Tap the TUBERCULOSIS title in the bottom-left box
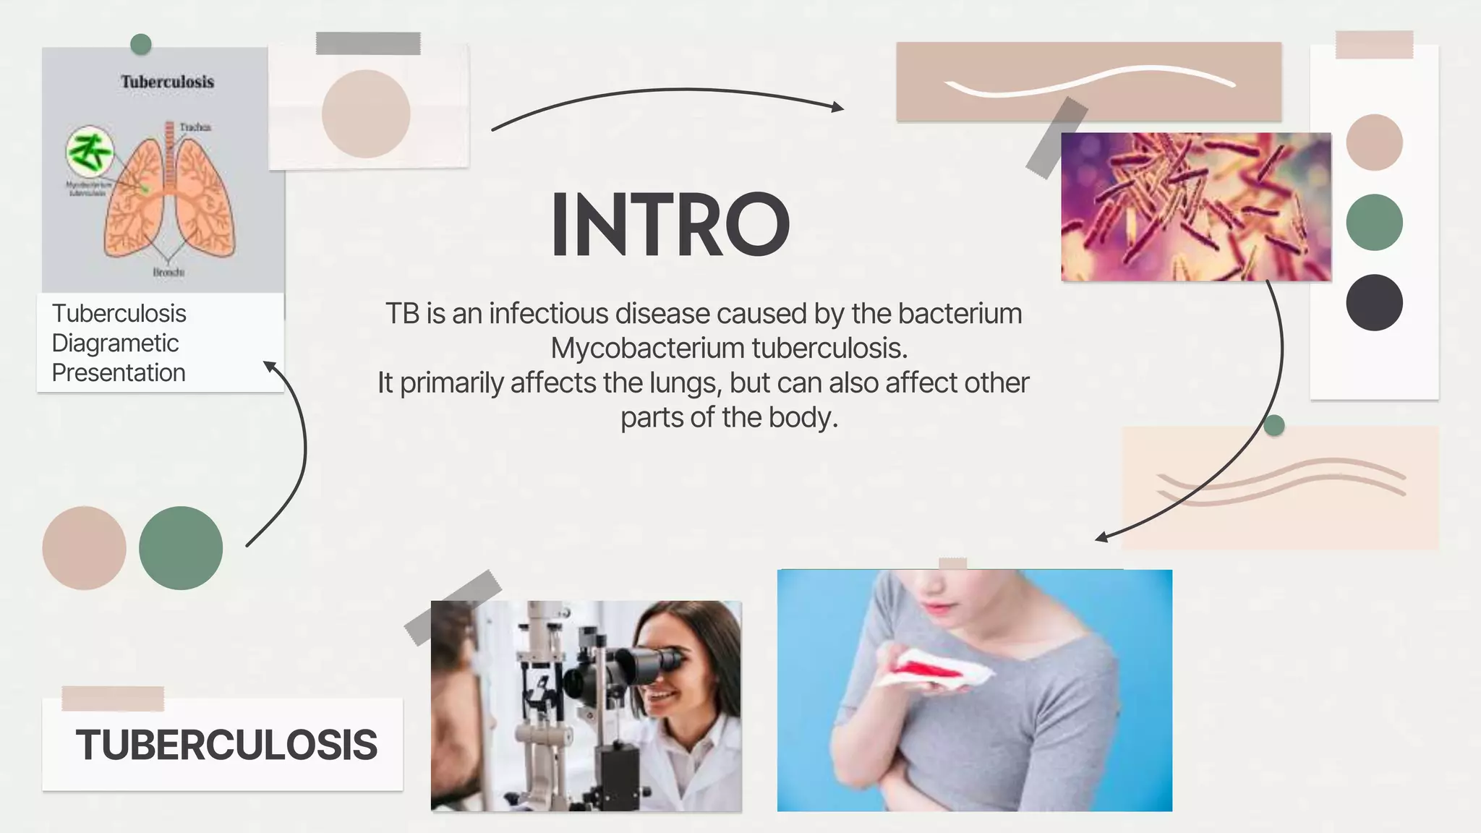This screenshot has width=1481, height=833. pos(226,745)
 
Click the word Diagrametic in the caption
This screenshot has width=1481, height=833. pos(115,343)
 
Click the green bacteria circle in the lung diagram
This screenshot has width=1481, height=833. pos(90,151)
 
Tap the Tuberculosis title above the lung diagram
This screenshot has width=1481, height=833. pos(167,82)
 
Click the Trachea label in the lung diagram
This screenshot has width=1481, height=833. pos(195,127)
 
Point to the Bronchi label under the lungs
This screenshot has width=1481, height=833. pos(168,273)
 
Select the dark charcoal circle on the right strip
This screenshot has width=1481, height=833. pos(1374,302)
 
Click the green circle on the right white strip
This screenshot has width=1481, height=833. pos(1374,222)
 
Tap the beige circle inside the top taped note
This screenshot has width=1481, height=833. pos(366,114)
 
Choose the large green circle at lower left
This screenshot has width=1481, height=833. pos(181,547)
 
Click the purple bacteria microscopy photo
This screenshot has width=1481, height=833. pos(1195,207)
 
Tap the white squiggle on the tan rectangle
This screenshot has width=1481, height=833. pos(1089,81)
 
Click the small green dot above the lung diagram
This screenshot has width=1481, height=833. pos(140,44)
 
